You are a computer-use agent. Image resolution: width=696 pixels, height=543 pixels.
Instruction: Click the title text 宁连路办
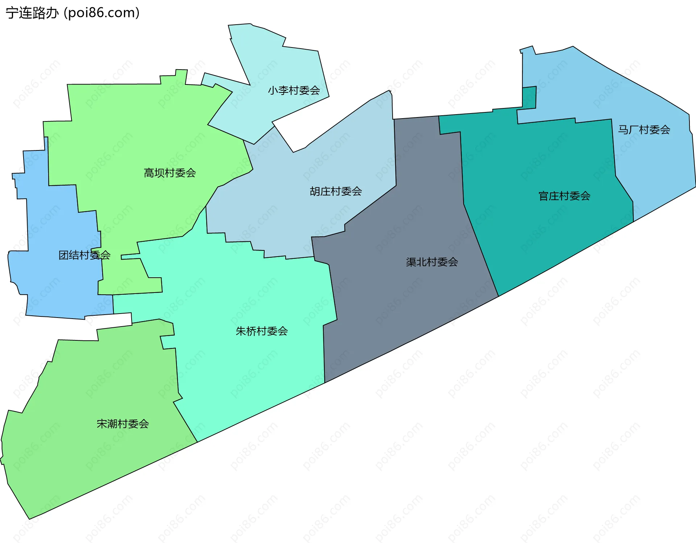32,13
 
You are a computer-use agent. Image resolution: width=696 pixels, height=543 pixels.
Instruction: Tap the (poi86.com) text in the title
102,13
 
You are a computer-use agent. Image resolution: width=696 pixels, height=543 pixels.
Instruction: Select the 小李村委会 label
294,90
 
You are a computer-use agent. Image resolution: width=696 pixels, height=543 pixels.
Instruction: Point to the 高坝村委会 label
170,173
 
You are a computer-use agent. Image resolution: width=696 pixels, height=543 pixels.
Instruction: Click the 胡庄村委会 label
336,191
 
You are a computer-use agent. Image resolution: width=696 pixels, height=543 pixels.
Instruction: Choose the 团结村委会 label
84,255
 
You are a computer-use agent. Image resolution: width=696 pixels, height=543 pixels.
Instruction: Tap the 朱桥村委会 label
261,331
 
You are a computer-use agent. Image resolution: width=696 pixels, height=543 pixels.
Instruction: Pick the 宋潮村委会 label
123,424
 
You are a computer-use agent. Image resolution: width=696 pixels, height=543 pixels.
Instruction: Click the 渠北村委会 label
432,262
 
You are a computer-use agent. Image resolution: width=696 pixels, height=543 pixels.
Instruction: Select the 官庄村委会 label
564,196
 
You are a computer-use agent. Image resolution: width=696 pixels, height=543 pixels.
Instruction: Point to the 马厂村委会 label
644,130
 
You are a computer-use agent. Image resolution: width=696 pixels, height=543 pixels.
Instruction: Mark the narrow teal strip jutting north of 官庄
529,97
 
